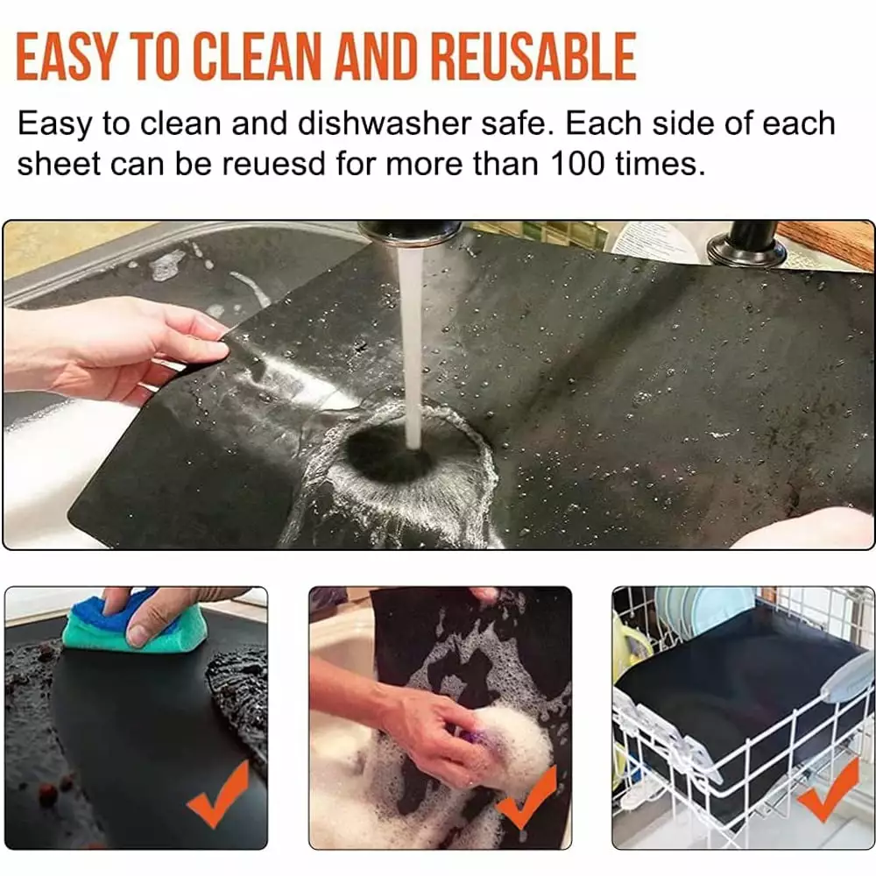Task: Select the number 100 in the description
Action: pyautogui.click(x=577, y=164)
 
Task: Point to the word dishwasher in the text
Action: pyautogui.click(x=385, y=123)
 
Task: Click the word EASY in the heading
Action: pyautogui.click(x=66, y=56)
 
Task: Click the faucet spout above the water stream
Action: pyautogui.click(x=409, y=232)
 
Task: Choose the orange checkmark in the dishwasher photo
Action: pyautogui.click(x=829, y=790)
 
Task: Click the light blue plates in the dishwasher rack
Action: pyautogui.click(x=694, y=609)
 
